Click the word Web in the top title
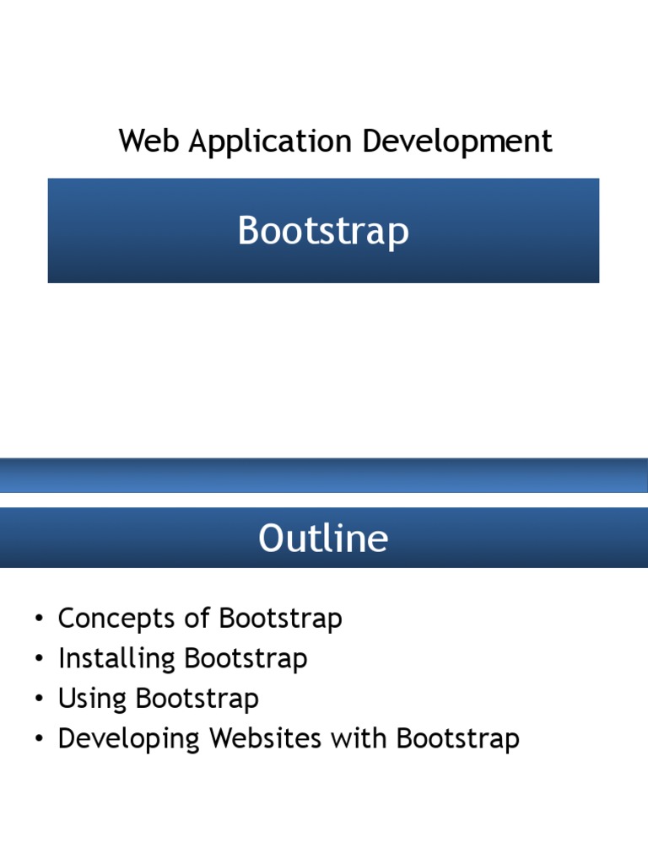[x=149, y=142]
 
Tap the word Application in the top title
[x=271, y=142]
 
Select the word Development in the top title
[x=457, y=142]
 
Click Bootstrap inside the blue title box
[x=323, y=231]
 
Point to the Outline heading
[x=323, y=539]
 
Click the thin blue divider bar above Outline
[x=324, y=475]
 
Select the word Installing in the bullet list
[x=117, y=658]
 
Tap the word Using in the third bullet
[x=92, y=699]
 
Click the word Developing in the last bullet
[x=129, y=739]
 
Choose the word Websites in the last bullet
[x=265, y=739]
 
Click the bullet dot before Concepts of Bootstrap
[x=38, y=620]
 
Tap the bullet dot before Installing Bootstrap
[x=38, y=660]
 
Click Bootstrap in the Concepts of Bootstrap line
[x=280, y=619]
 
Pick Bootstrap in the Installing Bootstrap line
[x=246, y=658]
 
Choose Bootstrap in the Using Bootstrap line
[x=197, y=699]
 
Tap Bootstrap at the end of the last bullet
[x=458, y=739]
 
